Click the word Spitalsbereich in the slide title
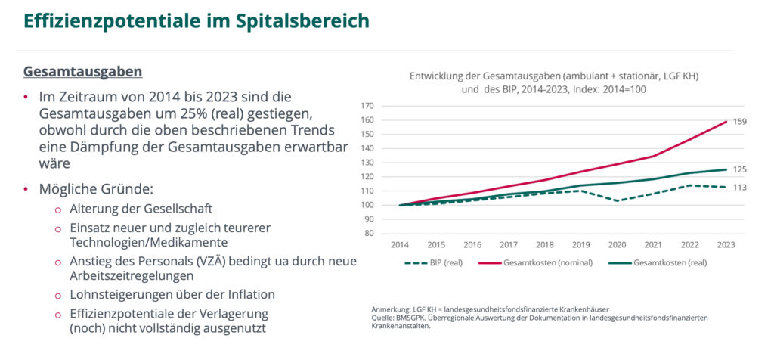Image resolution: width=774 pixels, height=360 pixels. pyautogui.click(x=299, y=20)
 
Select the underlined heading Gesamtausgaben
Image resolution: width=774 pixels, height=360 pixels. pyautogui.click(x=83, y=72)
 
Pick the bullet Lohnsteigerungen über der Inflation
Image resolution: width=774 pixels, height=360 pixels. pyautogui.click(x=172, y=294)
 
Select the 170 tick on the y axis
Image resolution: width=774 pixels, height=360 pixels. pyautogui.click(x=368, y=106)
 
